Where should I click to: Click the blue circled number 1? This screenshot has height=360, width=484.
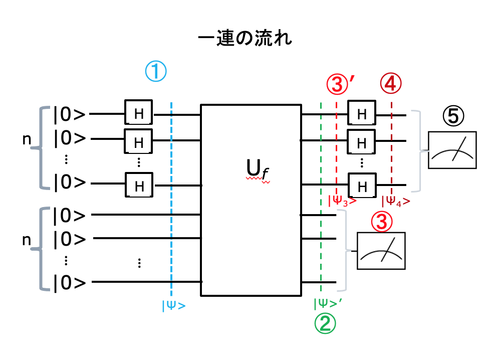pos(155,72)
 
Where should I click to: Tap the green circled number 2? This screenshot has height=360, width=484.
pos(325,323)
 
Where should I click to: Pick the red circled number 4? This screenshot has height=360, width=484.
pos(391,84)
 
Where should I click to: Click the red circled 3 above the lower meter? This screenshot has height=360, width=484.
pos(381,221)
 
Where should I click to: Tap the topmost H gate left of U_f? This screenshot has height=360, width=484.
pos(139,114)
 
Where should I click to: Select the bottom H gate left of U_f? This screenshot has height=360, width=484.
pos(139,186)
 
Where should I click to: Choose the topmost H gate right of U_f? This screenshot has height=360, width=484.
pos(362,114)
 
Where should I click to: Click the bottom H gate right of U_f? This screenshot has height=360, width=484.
pos(362,186)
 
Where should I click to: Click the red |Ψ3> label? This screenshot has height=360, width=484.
pos(342,202)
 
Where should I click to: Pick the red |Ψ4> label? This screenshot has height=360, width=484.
pos(396,202)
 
